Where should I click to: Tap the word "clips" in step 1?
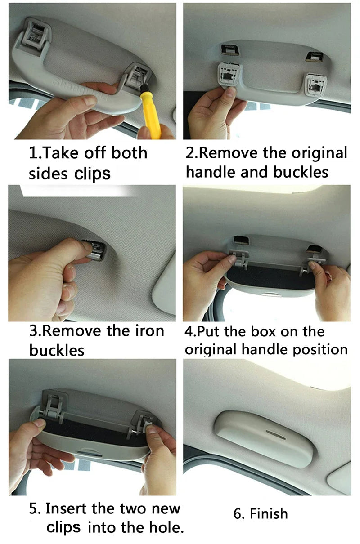pos(92,174)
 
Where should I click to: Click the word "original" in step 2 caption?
pos(319,153)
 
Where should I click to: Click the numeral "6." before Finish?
pos(239,514)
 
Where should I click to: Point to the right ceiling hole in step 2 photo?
pos(315,56)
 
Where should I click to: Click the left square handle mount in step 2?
pos(229,74)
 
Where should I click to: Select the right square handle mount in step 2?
pos(315,85)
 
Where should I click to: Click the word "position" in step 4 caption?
pos(320,350)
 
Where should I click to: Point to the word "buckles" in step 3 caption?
pos(57,350)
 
